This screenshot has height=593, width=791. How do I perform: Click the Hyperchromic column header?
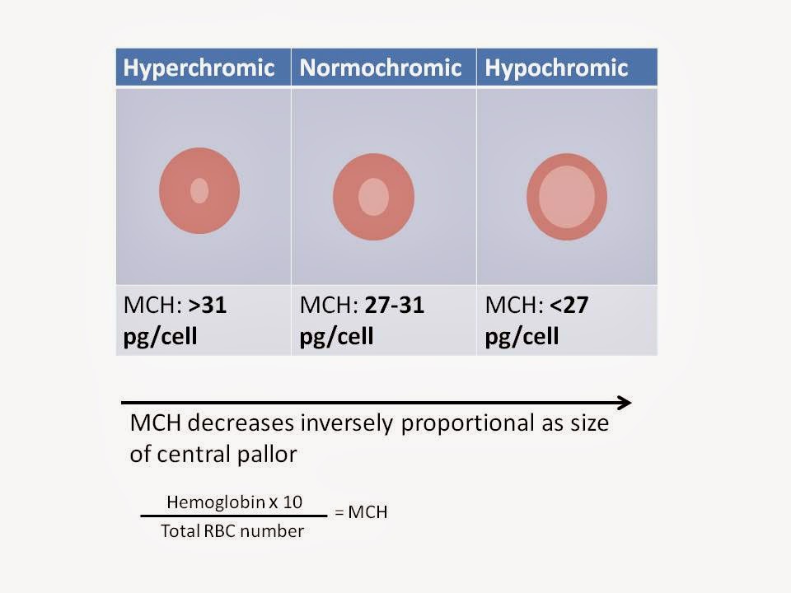(x=199, y=68)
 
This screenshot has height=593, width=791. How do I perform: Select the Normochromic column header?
(x=381, y=68)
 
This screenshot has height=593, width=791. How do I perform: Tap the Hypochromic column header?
(x=557, y=68)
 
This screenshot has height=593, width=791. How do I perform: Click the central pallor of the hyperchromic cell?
(x=199, y=190)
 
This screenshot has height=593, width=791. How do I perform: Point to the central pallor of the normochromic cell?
(x=373, y=198)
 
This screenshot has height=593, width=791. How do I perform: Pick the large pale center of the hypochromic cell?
(x=567, y=197)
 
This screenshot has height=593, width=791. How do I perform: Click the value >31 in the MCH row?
(x=208, y=306)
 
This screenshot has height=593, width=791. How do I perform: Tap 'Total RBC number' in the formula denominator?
(x=232, y=531)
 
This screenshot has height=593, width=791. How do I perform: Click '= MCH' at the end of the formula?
(x=360, y=513)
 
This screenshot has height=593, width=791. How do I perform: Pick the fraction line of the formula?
(x=233, y=516)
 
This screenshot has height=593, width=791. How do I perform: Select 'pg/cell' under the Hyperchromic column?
(x=160, y=337)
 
